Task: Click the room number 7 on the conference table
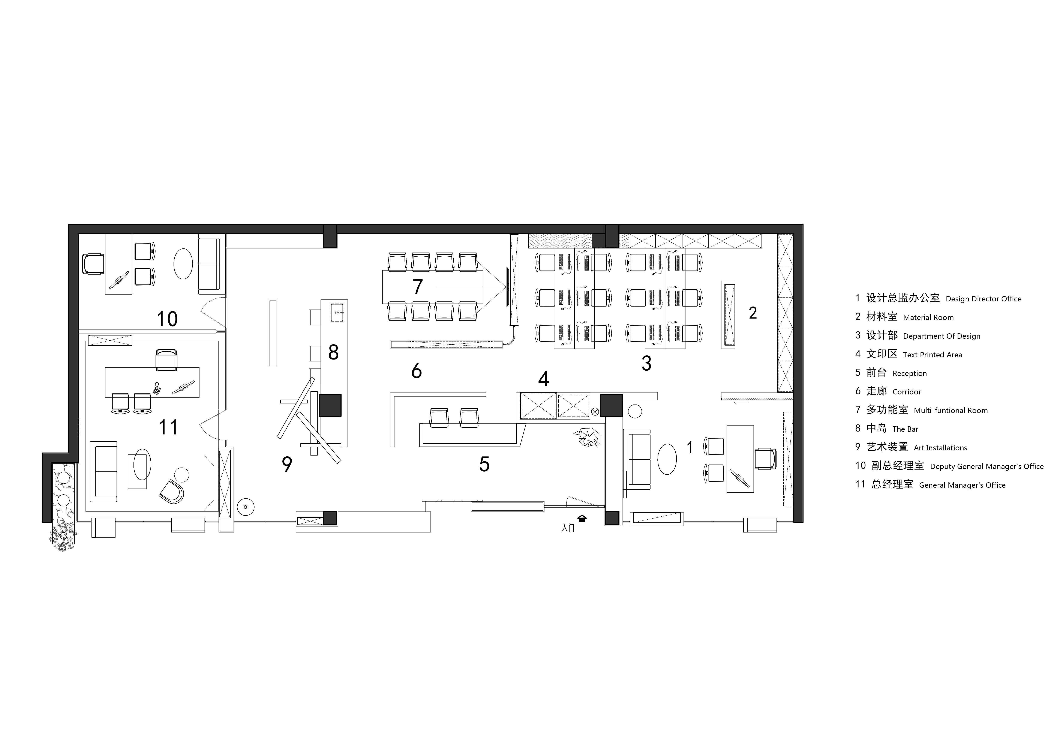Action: pos(418,287)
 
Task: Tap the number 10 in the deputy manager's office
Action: pos(167,319)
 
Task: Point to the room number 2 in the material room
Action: pos(753,313)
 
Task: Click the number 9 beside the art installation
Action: pos(287,464)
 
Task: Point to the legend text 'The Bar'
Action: pos(905,429)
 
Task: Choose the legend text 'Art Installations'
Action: pos(940,448)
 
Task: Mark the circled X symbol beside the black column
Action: pos(595,411)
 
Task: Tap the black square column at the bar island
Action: pos(330,405)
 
